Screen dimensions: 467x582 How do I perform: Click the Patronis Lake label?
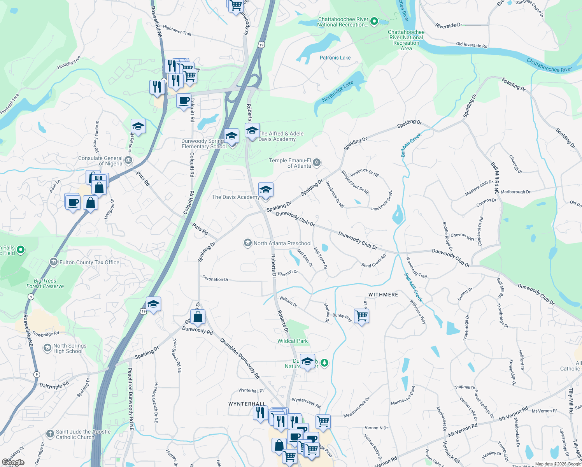pos(335,58)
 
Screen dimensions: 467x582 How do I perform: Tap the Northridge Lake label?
pos(338,91)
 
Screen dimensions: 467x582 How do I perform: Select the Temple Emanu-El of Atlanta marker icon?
pos(317,163)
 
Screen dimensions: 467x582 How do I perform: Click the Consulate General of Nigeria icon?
pos(128,160)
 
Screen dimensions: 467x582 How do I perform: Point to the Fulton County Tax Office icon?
pos(54,262)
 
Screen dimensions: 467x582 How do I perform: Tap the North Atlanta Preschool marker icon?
pos(247,243)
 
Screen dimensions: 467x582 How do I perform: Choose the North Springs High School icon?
pos(47,348)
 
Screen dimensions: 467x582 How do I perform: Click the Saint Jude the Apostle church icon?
pos(50,434)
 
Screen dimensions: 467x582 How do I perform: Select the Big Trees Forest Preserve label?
pos(45,283)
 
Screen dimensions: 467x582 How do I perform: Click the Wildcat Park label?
pos(293,341)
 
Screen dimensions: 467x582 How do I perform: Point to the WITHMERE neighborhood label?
pos(383,295)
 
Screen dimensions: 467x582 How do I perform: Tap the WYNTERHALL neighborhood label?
pos(247,404)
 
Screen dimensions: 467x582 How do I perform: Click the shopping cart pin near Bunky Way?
pos(361,316)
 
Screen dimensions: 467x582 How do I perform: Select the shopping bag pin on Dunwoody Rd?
pos(198,317)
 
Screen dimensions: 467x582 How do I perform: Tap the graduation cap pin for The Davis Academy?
pos(266,190)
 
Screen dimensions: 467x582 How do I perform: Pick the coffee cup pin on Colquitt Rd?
pos(184,101)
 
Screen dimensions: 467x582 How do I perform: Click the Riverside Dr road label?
pos(449,26)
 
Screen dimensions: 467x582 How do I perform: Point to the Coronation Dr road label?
pos(215,279)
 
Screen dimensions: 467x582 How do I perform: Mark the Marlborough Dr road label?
pos(515,192)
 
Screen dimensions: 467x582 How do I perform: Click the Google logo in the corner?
pos(13,462)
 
